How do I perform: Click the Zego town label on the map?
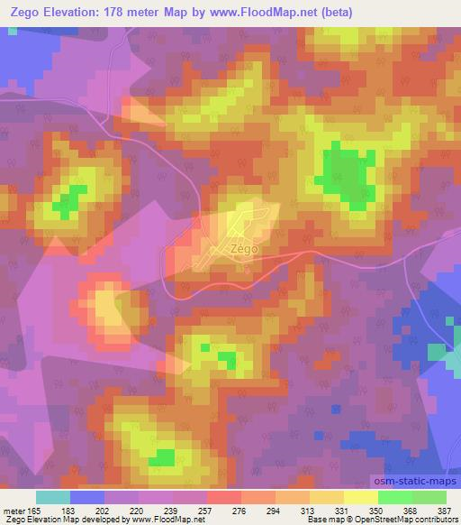click(x=243, y=247)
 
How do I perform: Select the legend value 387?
click(x=445, y=511)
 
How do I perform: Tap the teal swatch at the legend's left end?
click(x=53, y=497)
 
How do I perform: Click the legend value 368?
click(x=411, y=511)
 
